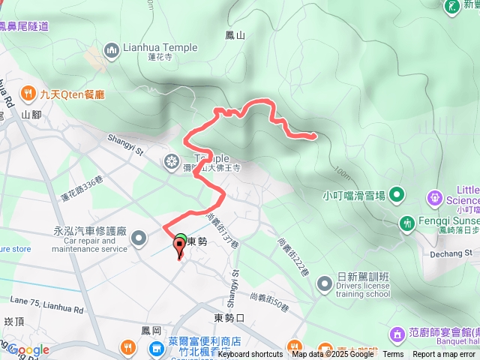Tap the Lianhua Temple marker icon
pyautogui.click(x=112, y=51)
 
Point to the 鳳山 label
pyautogui.click(x=235, y=34)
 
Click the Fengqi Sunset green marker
pyautogui.click(x=407, y=223)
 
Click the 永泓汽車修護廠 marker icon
pyautogui.click(x=139, y=238)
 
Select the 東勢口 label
pyautogui.click(x=229, y=317)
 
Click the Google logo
pyautogui.click(x=28, y=349)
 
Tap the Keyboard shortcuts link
pyautogui.click(x=250, y=355)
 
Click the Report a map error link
pyautogui.click(x=444, y=355)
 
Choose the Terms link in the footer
pyautogui.click(x=393, y=355)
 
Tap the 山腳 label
pyautogui.click(x=31, y=115)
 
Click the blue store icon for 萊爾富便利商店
pyautogui.click(x=155, y=348)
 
